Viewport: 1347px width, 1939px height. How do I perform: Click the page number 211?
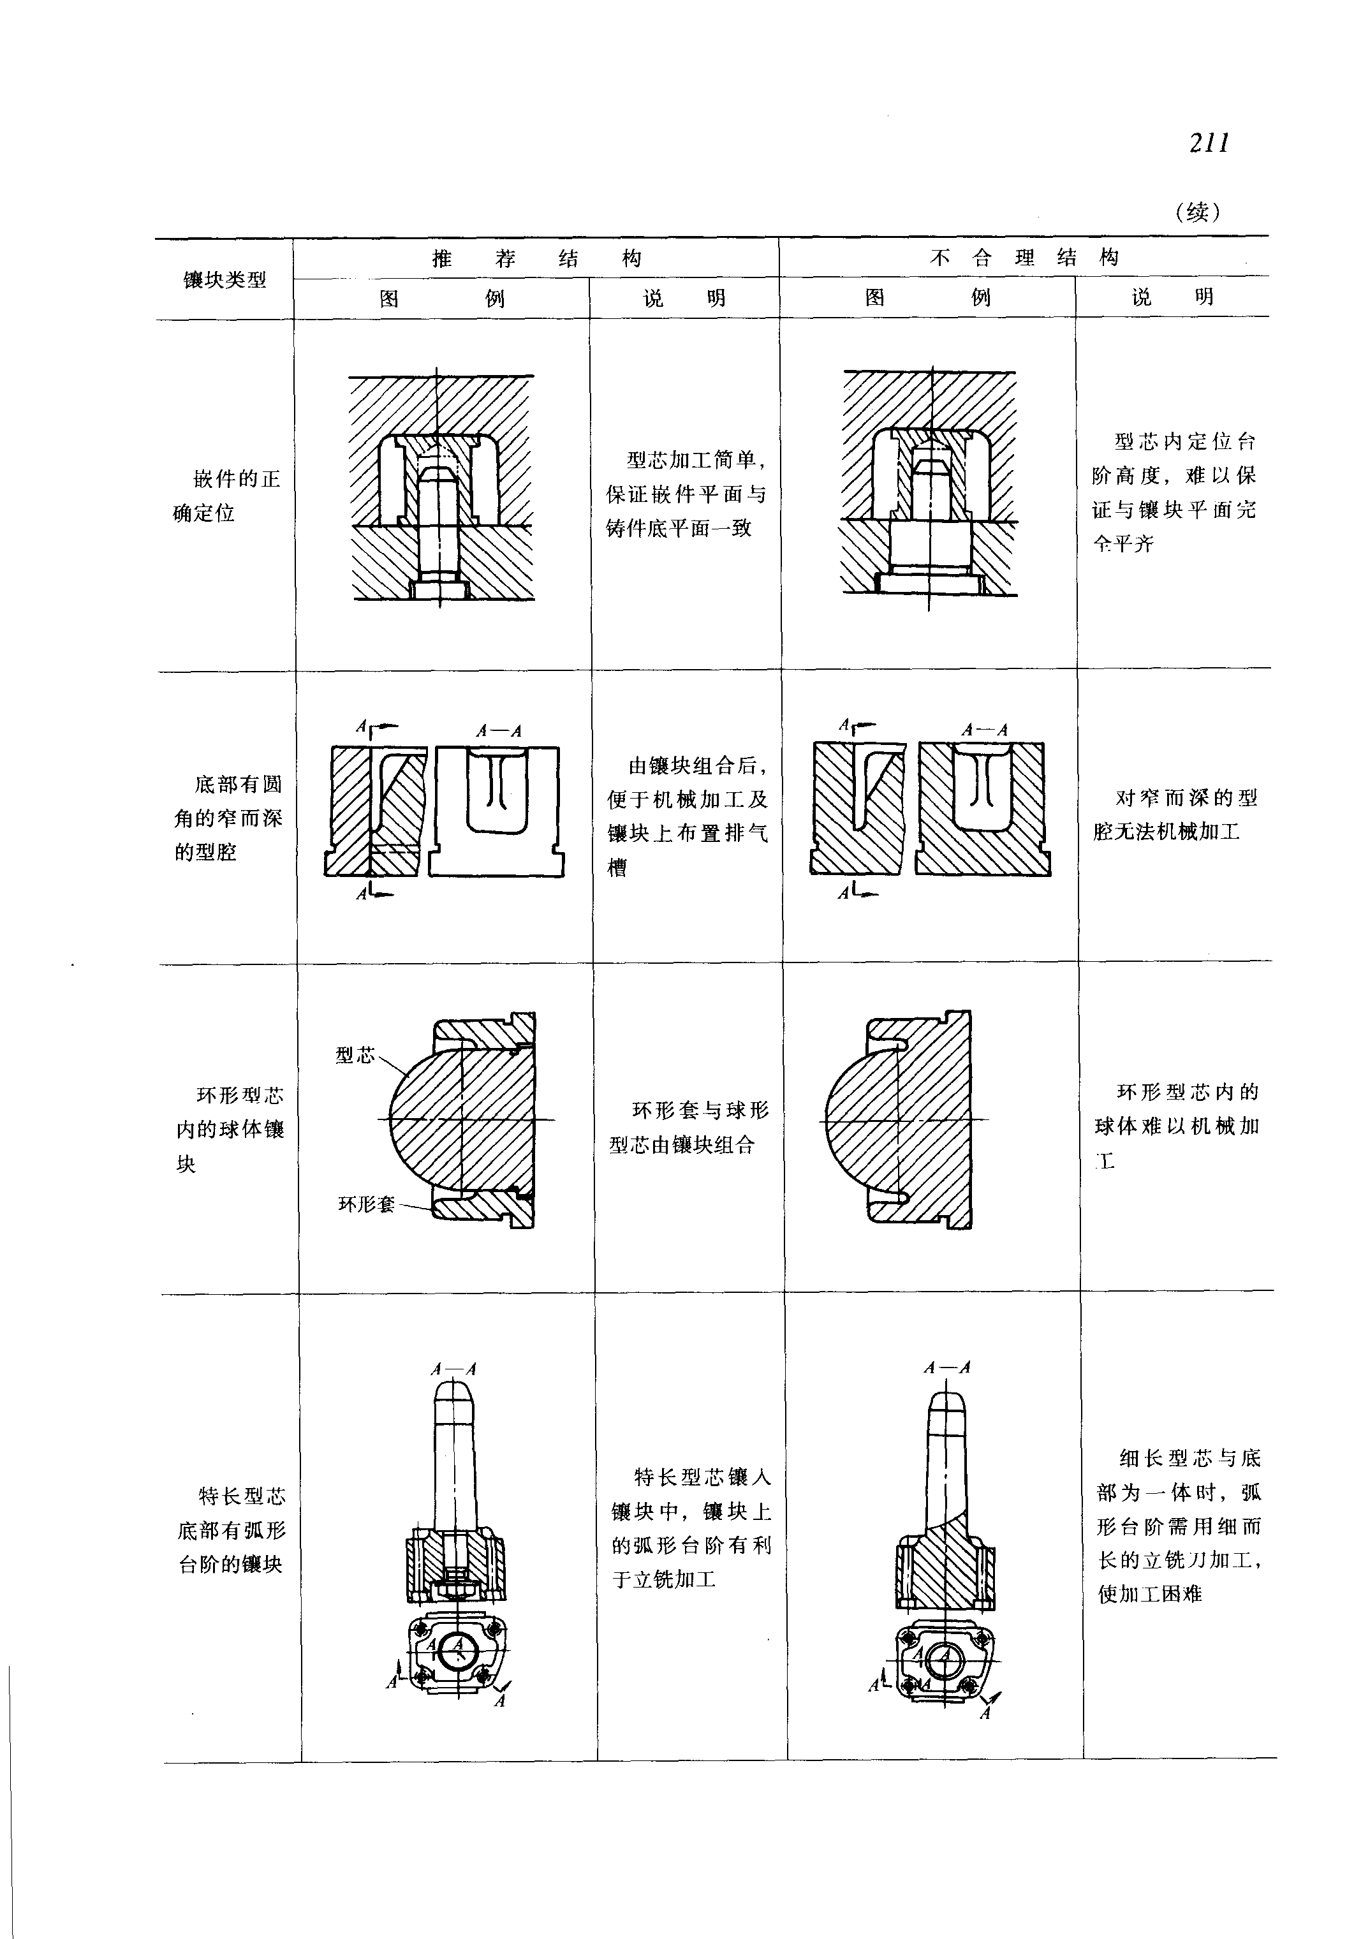click(1209, 144)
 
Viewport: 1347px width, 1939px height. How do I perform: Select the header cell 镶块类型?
click(224, 279)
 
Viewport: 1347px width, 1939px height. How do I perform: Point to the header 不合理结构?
click(1023, 258)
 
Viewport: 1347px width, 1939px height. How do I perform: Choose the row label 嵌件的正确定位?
click(227, 496)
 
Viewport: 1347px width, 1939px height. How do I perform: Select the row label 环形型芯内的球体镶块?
click(230, 1128)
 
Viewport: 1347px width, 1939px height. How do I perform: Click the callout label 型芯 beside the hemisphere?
click(355, 1054)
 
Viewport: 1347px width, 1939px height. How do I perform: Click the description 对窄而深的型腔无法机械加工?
click(1175, 815)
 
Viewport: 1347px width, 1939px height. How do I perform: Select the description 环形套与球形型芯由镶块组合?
click(689, 1128)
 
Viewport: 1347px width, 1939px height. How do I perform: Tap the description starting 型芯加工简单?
click(686, 494)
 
